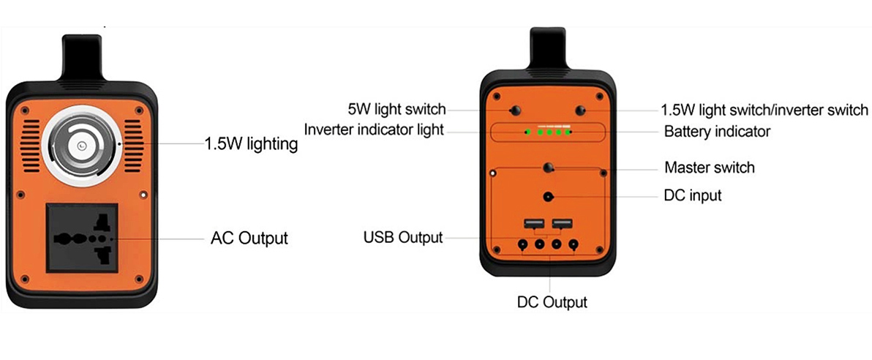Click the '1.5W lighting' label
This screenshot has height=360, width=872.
(251, 145)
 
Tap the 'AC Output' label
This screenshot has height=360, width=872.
(249, 238)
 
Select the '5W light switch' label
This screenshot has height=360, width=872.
(396, 109)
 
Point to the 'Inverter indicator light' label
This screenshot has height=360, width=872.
(374, 130)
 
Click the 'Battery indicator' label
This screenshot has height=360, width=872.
(718, 132)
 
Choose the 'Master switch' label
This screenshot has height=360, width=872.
(710, 167)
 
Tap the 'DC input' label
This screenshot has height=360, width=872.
(693, 195)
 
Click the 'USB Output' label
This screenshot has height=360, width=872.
(403, 238)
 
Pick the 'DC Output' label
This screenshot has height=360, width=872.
(552, 302)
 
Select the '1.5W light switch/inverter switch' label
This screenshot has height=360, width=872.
(764, 110)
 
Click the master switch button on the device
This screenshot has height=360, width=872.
(549, 168)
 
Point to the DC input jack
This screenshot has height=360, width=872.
(549, 197)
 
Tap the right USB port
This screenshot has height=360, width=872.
(563, 224)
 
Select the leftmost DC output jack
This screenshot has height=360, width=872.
(523, 244)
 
